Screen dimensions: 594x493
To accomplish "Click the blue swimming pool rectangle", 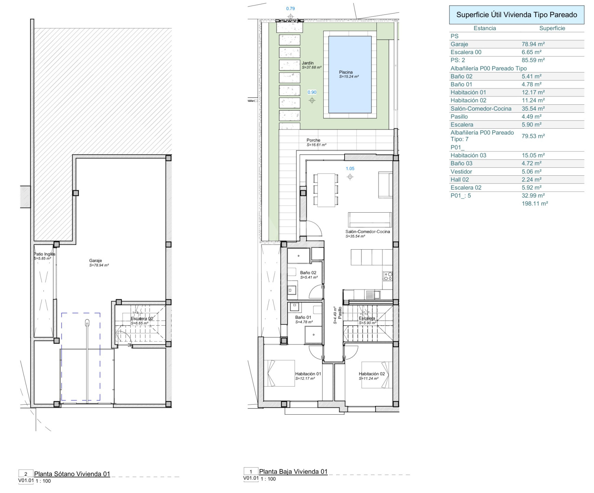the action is click(350, 74).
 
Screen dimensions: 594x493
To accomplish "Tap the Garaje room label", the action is click(95, 261).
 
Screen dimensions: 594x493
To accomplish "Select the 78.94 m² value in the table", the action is click(533, 44).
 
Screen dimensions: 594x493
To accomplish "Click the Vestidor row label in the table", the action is click(461, 172).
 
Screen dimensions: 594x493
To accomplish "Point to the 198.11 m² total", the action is click(535, 204).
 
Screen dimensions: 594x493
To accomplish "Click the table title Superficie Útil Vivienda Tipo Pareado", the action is click(517, 15).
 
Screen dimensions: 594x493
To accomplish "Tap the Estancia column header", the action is click(485, 28).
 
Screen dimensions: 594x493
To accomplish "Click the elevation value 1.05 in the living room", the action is click(350, 168).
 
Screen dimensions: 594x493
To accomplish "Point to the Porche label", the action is click(313, 140).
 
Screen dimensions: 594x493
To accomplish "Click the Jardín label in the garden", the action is click(308, 63).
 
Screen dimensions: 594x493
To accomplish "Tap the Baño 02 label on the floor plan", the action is click(308, 273).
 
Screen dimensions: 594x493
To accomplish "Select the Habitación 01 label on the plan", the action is click(308, 374).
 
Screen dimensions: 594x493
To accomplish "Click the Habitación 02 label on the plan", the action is click(372, 374).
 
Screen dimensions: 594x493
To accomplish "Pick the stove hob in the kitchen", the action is click(388, 276).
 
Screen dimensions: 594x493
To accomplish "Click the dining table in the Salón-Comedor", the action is click(326, 190).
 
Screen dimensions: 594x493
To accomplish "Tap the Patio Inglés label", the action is click(44, 254).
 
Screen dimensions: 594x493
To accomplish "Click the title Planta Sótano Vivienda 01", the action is click(72, 474).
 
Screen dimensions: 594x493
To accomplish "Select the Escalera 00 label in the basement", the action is click(142, 319).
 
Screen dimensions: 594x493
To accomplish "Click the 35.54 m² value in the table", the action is click(533, 109).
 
